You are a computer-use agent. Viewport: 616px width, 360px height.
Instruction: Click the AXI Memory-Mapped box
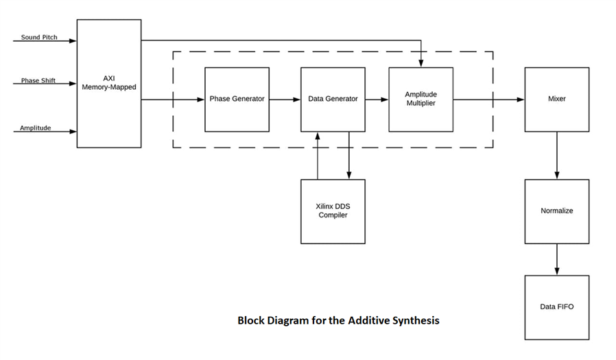point(108,83)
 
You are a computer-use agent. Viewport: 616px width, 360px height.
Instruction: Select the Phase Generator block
point(237,99)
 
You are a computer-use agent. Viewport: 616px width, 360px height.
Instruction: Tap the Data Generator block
point(333,99)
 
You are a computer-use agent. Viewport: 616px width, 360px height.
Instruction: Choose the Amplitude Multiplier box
point(420,99)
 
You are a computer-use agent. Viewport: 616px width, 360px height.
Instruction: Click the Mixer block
point(556,99)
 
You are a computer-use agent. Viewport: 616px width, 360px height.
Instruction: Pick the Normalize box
point(556,211)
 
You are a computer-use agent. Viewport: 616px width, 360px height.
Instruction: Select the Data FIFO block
point(556,307)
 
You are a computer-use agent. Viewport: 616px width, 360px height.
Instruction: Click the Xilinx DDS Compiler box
point(333,211)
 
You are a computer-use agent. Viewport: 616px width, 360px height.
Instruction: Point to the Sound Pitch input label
point(39,37)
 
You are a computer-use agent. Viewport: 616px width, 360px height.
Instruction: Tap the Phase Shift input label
point(38,81)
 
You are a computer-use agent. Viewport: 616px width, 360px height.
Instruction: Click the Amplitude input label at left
point(35,128)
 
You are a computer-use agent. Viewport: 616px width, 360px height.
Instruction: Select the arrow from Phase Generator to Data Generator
point(285,99)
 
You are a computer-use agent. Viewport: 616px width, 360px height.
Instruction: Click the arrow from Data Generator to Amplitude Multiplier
point(377,99)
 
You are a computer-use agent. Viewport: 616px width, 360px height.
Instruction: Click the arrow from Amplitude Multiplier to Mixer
point(488,99)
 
